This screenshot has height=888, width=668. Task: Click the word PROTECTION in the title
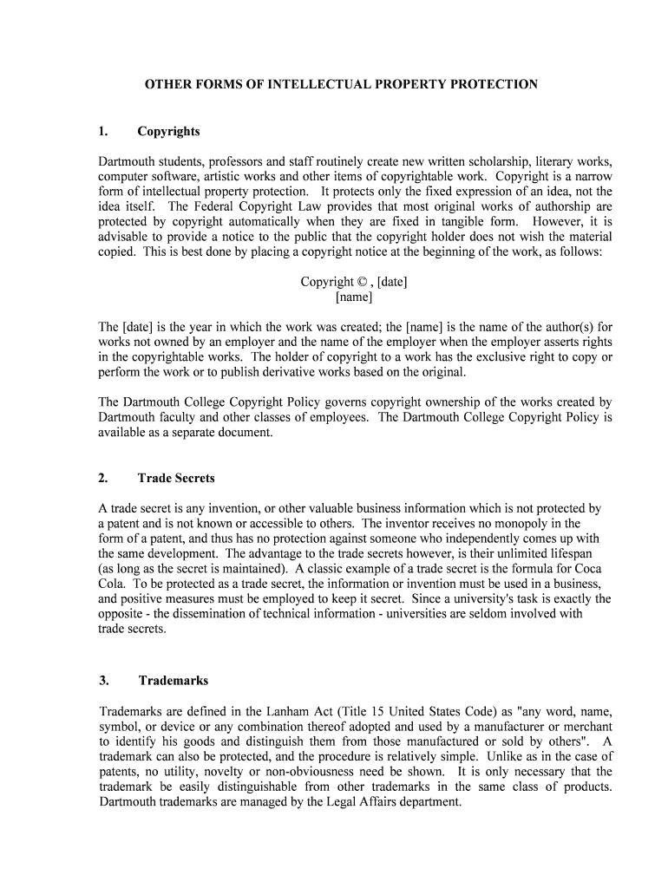click(x=494, y=84)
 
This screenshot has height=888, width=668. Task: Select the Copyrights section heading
click(x=168, y=131)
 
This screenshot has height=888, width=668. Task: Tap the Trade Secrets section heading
click(x=175, y=478)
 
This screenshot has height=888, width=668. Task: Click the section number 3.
click(x=102, y=681)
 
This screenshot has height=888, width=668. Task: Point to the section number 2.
click(x=102, y=478)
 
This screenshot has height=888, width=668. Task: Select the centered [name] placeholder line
click(x=354, y=297)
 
